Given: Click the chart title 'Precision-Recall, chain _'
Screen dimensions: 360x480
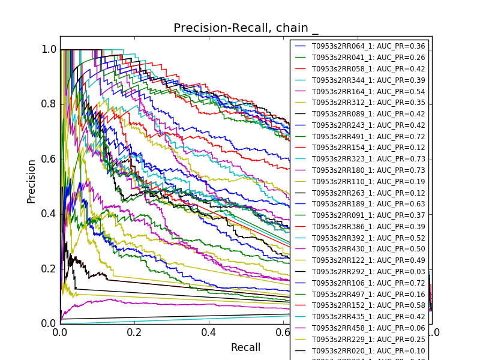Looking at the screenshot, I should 246,28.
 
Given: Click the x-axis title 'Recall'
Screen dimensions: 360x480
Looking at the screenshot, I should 245,347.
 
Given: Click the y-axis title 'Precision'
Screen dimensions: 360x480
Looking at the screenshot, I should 31,181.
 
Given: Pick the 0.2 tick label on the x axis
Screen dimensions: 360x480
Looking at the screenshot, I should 134,332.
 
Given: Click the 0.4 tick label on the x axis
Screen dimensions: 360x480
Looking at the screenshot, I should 209,332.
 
